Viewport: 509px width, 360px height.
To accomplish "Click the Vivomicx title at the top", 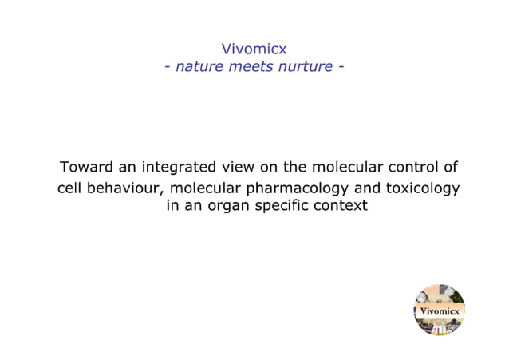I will (x=254, y=49).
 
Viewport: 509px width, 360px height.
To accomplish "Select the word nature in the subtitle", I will (x=199, y=66).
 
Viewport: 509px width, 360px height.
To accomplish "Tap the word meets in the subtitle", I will (x=251, y=66).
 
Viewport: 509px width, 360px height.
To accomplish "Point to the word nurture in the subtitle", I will (x=305, y=66).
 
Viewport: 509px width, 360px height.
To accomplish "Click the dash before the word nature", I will (x=168, y=66).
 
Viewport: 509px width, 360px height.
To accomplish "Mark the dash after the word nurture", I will (x=341, y=66).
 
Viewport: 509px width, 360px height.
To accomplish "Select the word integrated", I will (x=179, y=168).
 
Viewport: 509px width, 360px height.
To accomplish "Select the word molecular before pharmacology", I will (x=205, y=188).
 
